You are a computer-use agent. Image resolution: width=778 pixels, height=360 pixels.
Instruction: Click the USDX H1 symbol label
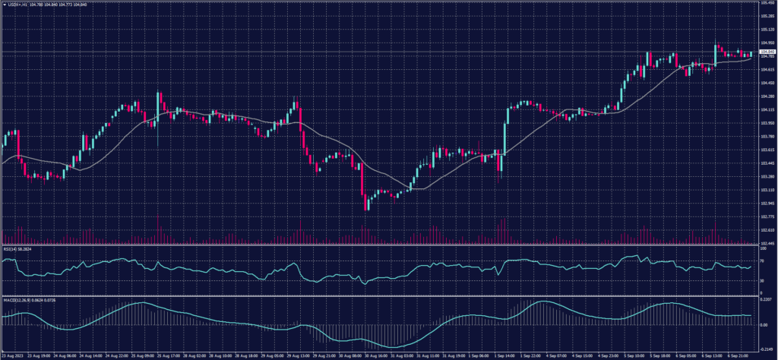click(x=19, y=6)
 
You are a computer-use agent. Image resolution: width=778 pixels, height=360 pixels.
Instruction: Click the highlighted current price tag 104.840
click(x=767, y=52)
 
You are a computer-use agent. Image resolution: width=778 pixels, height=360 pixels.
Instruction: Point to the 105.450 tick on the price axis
click(x=767, y=3)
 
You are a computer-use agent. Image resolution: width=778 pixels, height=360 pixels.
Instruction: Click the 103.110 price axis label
click(x=767, y=190)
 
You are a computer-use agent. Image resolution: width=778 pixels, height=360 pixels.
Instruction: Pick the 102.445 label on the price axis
click(x=767, y=243)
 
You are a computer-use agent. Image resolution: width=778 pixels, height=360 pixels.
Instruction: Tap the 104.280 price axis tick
click(x=767, y=96)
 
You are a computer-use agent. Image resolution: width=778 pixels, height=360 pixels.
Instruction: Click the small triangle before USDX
click(x=5, y=6)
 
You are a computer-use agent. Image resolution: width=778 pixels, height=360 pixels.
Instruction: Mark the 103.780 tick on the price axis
click(x=767, y=137)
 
